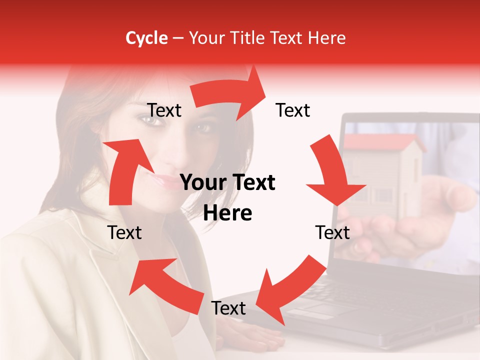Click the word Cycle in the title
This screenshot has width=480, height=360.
146,38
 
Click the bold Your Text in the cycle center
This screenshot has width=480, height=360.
227,183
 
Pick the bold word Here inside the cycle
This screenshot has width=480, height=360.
227,213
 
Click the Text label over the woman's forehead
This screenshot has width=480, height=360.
164,110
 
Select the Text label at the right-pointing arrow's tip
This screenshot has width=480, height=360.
293,110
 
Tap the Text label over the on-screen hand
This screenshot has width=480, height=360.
332,232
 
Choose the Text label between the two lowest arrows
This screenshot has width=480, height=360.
228,308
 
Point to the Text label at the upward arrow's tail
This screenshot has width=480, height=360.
124,232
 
